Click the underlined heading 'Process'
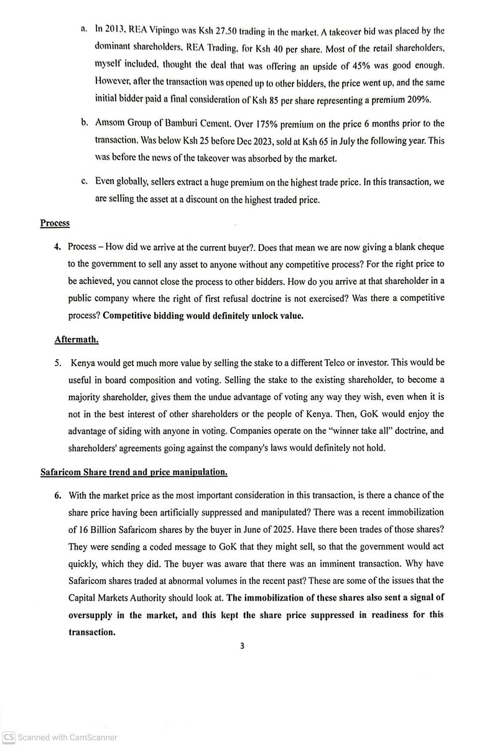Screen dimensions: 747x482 [x=55, y=222]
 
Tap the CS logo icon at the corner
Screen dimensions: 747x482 [x=8, y=738]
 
